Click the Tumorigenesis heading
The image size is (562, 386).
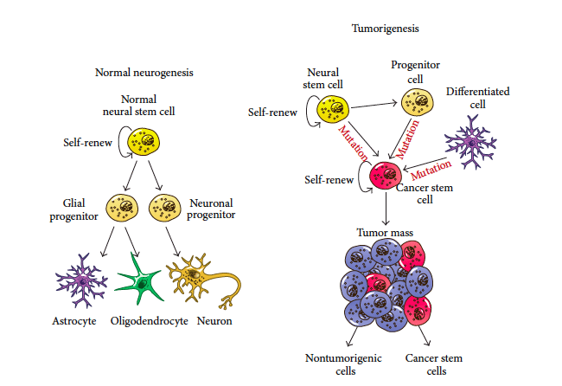385,29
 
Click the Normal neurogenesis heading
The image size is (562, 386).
144,74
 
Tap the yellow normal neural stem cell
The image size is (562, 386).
143,142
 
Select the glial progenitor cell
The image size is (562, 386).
122,208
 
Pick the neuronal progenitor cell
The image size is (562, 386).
163,208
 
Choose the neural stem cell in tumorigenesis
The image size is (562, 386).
333,110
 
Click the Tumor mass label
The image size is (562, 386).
386,234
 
